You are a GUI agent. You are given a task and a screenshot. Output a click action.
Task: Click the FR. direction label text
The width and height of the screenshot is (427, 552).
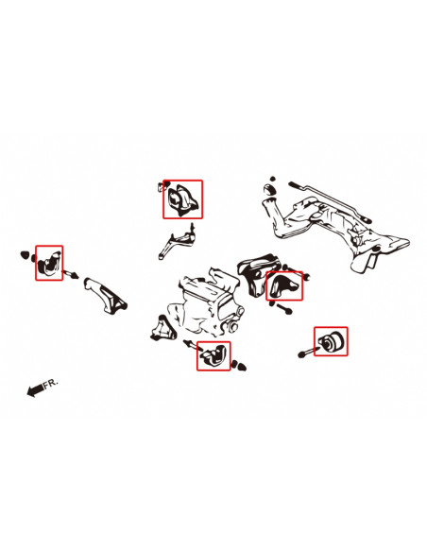(x=51, y=383)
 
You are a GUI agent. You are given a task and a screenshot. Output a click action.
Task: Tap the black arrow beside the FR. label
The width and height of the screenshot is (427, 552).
(x=35, y=390)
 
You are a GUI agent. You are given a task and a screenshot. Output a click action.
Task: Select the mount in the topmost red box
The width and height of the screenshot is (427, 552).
(x=182, y=200)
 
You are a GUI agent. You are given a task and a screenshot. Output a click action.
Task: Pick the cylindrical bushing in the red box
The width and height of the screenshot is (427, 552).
(x=333, y=341)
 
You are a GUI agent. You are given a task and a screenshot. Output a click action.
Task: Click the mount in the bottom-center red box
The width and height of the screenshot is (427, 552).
(x=213, y=355)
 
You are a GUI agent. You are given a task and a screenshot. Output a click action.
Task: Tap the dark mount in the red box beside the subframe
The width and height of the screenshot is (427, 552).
(x=283, y=285)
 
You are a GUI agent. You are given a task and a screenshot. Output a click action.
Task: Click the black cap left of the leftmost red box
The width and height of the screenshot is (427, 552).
(x=25, y=254)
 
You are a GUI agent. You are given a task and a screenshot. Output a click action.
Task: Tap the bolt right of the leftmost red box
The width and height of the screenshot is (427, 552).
(x=71, y=273)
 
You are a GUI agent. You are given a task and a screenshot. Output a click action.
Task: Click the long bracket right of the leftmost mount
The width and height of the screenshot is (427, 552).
(x=106, y=295)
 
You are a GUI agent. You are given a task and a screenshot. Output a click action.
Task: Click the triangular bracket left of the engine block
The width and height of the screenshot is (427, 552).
(x=163, y=329)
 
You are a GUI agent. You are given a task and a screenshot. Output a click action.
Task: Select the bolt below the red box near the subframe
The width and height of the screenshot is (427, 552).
(x=283, y=308)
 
